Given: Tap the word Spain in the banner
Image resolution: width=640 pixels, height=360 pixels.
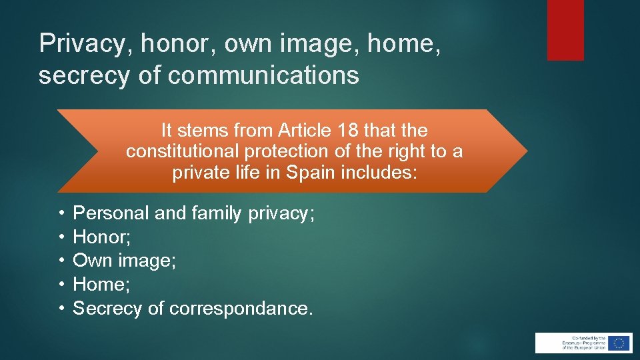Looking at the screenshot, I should pyautogui.click(x=311, y=173).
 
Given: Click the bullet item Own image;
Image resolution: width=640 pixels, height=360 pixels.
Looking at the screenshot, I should pyautogui.click(x=124, y=260).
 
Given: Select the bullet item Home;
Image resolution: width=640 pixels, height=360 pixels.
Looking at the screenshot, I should pyautogui.click(x=101, y=284).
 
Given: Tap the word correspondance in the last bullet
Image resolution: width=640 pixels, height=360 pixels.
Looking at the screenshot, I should pyautogui.click(x=240, y=308).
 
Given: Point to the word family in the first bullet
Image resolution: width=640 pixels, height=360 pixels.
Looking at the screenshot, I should pyautogui.click(x=217, y=213).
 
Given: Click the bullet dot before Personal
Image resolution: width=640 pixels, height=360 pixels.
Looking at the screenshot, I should pyautogui.click(x=60, y=213).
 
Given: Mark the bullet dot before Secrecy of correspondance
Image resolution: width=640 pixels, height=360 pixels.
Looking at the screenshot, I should pyautogui.click(x=60, y=308).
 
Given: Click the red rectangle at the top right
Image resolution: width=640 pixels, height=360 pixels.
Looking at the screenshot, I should pyautogui.click(x=565, y=30).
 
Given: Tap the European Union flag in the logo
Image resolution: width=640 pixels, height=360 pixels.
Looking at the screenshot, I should pyautogui.click(x=619, y=343).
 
